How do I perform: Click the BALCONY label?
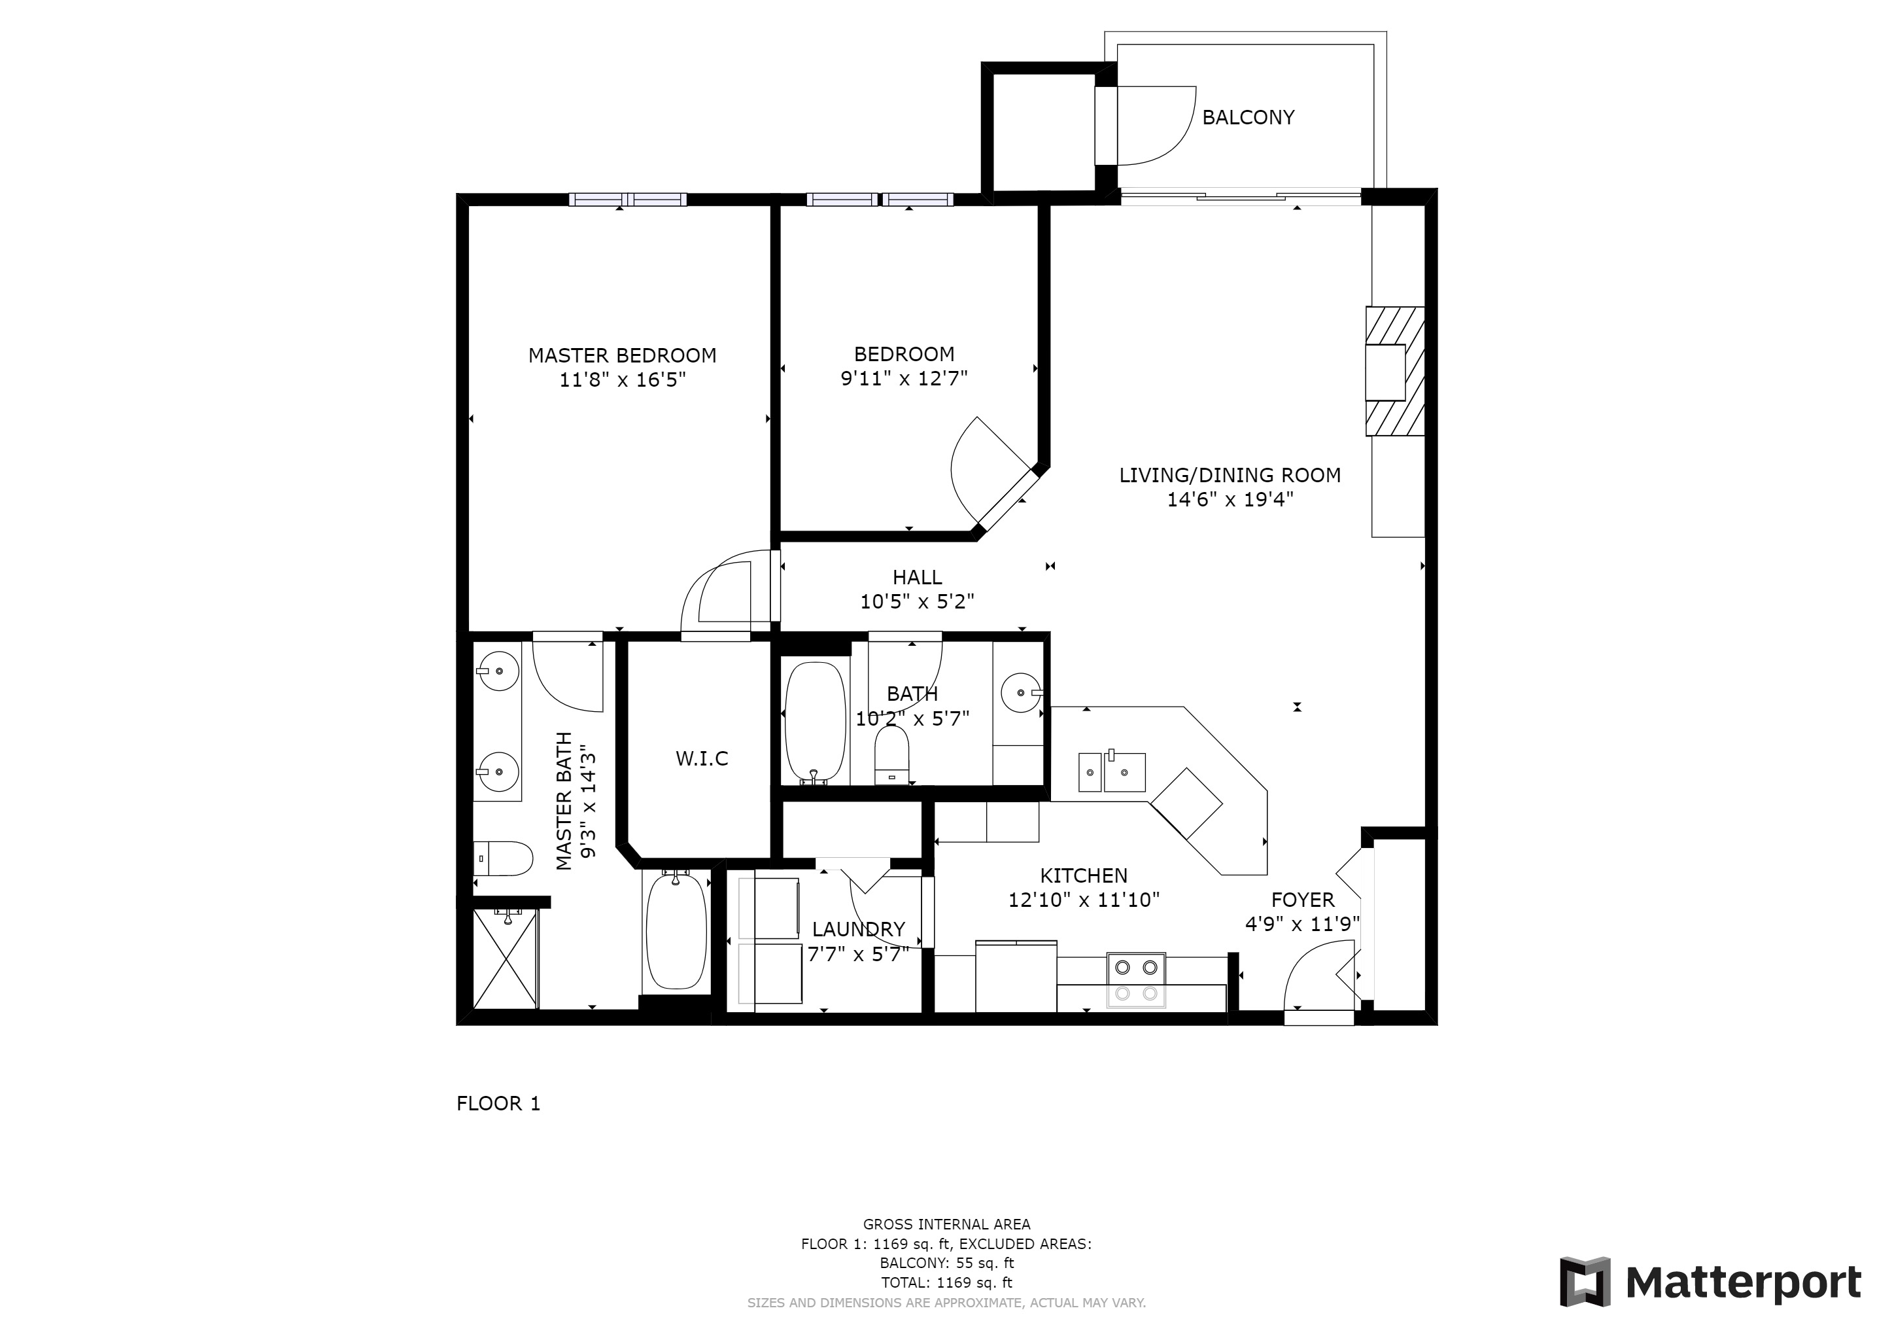[1247, 117]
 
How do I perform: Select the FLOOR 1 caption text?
[498, 1104]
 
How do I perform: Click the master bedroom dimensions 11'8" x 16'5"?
[623, 379]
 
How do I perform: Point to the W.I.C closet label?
[702, 758]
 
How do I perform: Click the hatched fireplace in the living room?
[1395, 371]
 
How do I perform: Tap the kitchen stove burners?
[1136, 980]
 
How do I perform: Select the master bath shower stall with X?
[505, 958]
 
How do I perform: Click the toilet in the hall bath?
[891, 755]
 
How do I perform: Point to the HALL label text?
[918, 578]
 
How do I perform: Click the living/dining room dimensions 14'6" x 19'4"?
[1230, 499]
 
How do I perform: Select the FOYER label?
[1303, 900]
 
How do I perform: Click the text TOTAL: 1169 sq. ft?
[946, 1282]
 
